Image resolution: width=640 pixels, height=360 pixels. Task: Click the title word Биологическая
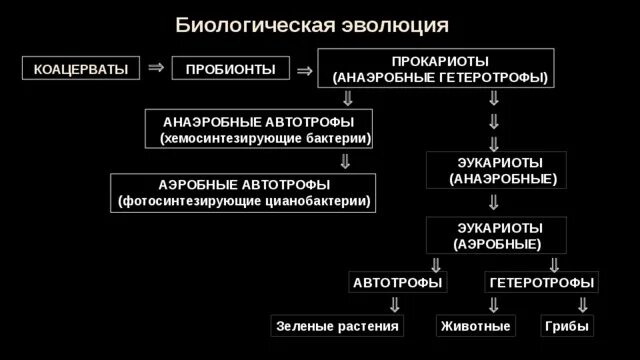pyautogui.click(x=256, y=25)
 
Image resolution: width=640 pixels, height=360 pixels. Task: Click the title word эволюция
pyautogui.click(x=395, y=25)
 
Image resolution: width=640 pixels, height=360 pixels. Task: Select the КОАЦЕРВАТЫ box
pyautogui.click(x=81, y=68)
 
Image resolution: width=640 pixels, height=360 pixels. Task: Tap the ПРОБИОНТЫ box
pyautogui.click(x=231, y=68)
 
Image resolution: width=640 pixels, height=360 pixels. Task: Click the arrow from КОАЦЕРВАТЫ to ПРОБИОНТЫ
pyautogui.click(x=156, y=67)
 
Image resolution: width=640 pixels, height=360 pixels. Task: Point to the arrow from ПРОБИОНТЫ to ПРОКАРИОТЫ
pyautogui.click(x=304, y=71)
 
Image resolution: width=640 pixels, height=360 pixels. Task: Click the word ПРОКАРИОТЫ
pyautogui.click(x=440, y=61)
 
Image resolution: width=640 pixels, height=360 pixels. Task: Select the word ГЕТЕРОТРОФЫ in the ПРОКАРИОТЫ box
pyautogui.click(x=492, y=78)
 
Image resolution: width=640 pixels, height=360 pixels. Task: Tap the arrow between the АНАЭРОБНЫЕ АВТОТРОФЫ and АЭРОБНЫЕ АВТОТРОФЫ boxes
pyautogui.click(x=345, y=161)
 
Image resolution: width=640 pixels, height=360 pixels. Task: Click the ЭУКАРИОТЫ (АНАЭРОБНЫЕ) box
pyautogui.click(x=496, y=170)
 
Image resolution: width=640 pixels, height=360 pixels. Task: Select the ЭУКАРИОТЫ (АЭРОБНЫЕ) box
pyautogui.click(x=496, y=236)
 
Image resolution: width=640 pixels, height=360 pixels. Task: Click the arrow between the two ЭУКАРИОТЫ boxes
pyautogui.click(x=494, y=202)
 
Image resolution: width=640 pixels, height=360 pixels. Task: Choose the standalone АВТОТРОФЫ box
pyautogui.click(x=398, y=282)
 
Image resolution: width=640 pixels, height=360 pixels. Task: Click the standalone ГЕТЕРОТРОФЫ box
pyautogui.click(x=542, y=282)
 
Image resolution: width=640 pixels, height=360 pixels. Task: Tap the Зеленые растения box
pyautogui.click(x=337, y=326)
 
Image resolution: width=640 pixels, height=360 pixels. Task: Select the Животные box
pyautogui.click(x=476, y=326)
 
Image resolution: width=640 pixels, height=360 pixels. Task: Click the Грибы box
pyautogui.click(x=567, y=326)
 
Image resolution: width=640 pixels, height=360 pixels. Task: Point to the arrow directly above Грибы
pyautogui.click(x=583, y=305)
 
